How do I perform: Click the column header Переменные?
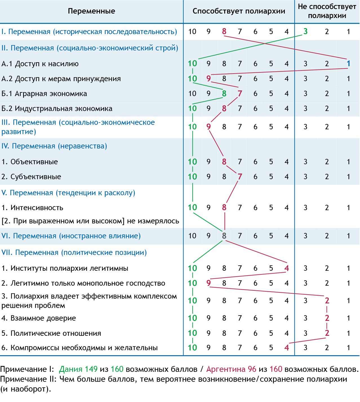coord(92,11)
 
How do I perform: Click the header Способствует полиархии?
coord(239,11)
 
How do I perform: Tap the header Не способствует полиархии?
coord(327,11)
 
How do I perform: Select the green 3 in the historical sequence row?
coord(305,31)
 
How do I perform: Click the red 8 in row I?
coord(224,31)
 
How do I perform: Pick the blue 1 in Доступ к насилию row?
coord(348,63)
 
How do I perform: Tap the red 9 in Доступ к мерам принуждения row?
coord(208,78)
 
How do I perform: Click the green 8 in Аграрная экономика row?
coord(224,94)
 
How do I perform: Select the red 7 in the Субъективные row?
coord(240,177)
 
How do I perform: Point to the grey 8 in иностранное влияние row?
coord(224,236)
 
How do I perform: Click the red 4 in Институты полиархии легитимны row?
coord(286,268)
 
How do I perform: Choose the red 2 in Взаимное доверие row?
coord(327,318)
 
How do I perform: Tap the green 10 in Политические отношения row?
coord(192,333)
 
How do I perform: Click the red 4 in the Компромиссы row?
coord(286,348)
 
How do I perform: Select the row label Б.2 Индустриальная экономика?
coord(57,108)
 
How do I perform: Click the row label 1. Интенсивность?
coord(32,208)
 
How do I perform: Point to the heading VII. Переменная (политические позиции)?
coord(74,252)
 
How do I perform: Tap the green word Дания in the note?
coord(71,369)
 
